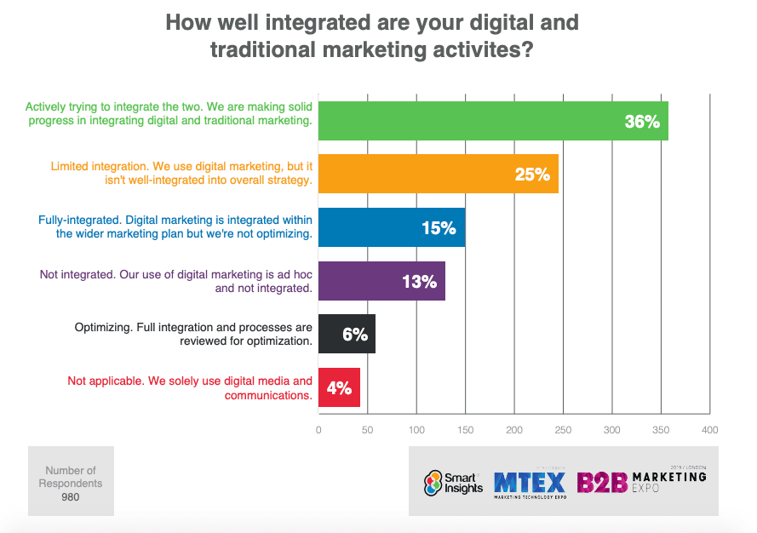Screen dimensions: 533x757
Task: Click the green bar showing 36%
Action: click(492, 121)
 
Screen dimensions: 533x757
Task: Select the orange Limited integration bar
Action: click(438, 174)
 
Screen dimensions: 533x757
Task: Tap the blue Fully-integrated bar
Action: click(392, 227)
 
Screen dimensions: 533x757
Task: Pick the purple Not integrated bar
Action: click(381, 281)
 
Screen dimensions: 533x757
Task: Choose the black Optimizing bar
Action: click(347, 334)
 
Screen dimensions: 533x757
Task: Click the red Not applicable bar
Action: click(339, 387)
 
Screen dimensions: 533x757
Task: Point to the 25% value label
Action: click(532, 175)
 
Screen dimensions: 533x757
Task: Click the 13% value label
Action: click(419, 282)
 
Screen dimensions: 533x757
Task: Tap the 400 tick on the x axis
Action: click(709, 430)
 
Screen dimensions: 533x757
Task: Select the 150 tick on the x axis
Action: click(465, 430)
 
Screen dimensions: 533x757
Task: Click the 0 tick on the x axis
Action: click(318, 430)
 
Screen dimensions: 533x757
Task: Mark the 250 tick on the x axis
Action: click(563, 430)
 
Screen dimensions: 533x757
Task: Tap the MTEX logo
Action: click(530, 483)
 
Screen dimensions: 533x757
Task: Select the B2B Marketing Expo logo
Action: click(641, 482)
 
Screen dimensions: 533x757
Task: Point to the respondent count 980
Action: click(71, 497)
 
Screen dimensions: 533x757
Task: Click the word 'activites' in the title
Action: click(485, 50)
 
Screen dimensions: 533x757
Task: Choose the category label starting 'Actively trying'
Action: click(169, 114)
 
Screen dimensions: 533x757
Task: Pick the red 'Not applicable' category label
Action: click(190, 388)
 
